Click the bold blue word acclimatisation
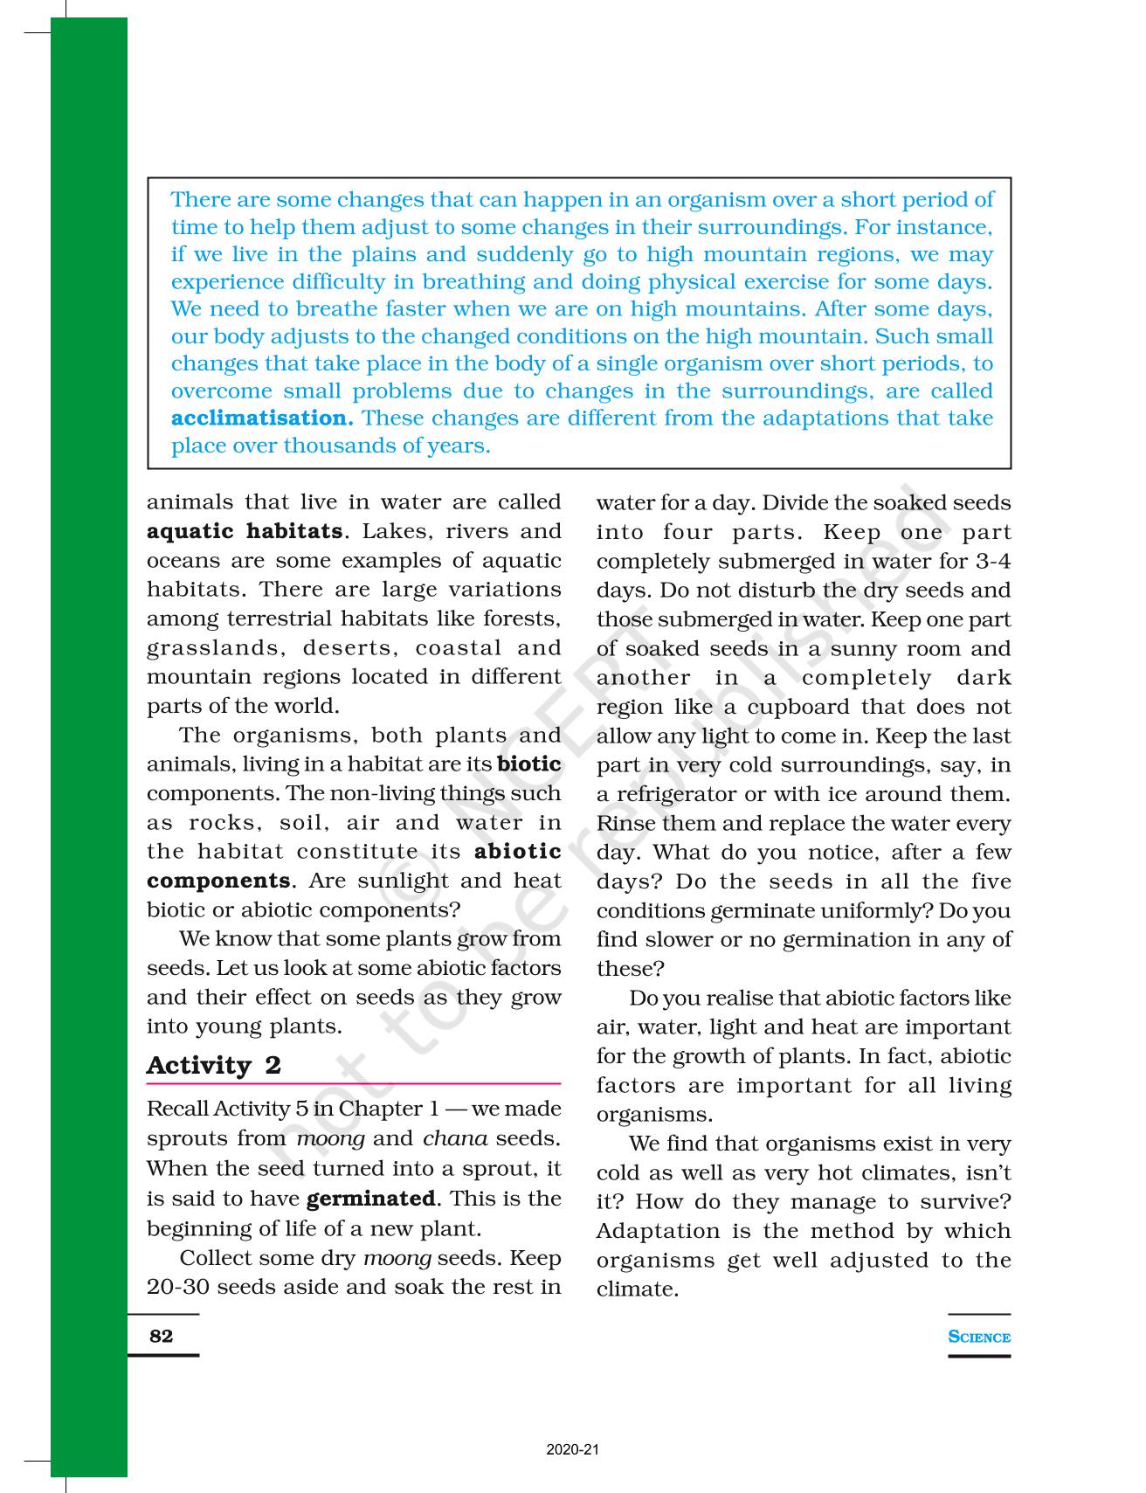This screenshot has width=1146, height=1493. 262,418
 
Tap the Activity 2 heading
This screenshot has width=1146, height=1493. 214,1066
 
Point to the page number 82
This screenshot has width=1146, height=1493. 162,1336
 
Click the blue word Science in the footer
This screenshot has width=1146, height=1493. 979,1337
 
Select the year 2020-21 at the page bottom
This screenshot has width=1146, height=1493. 573,1450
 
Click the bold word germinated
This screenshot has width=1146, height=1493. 370,1199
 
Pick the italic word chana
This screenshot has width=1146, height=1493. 455,1139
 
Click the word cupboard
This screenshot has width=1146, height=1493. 798,707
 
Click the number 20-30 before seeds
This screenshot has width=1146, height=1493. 178,1288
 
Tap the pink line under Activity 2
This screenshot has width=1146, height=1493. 353,1083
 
